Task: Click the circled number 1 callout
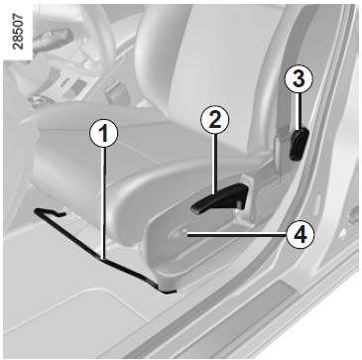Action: pos(104,135)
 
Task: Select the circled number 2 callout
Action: pos(214,121)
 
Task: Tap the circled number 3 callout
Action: pos(299,80)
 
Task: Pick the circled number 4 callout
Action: pos(301,235)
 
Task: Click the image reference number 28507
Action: pos(18,32)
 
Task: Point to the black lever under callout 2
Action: pos(221,199)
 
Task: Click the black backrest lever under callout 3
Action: pos(299,144)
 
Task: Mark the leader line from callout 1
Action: pos(104,203)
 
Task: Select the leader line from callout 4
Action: pos(237,235)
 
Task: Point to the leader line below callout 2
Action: pos(215,164)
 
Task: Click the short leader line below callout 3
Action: pos(299,111)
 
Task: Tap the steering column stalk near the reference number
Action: pos(53,41)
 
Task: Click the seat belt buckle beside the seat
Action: pos(114,92)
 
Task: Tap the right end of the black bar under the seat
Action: pos(171,292)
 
